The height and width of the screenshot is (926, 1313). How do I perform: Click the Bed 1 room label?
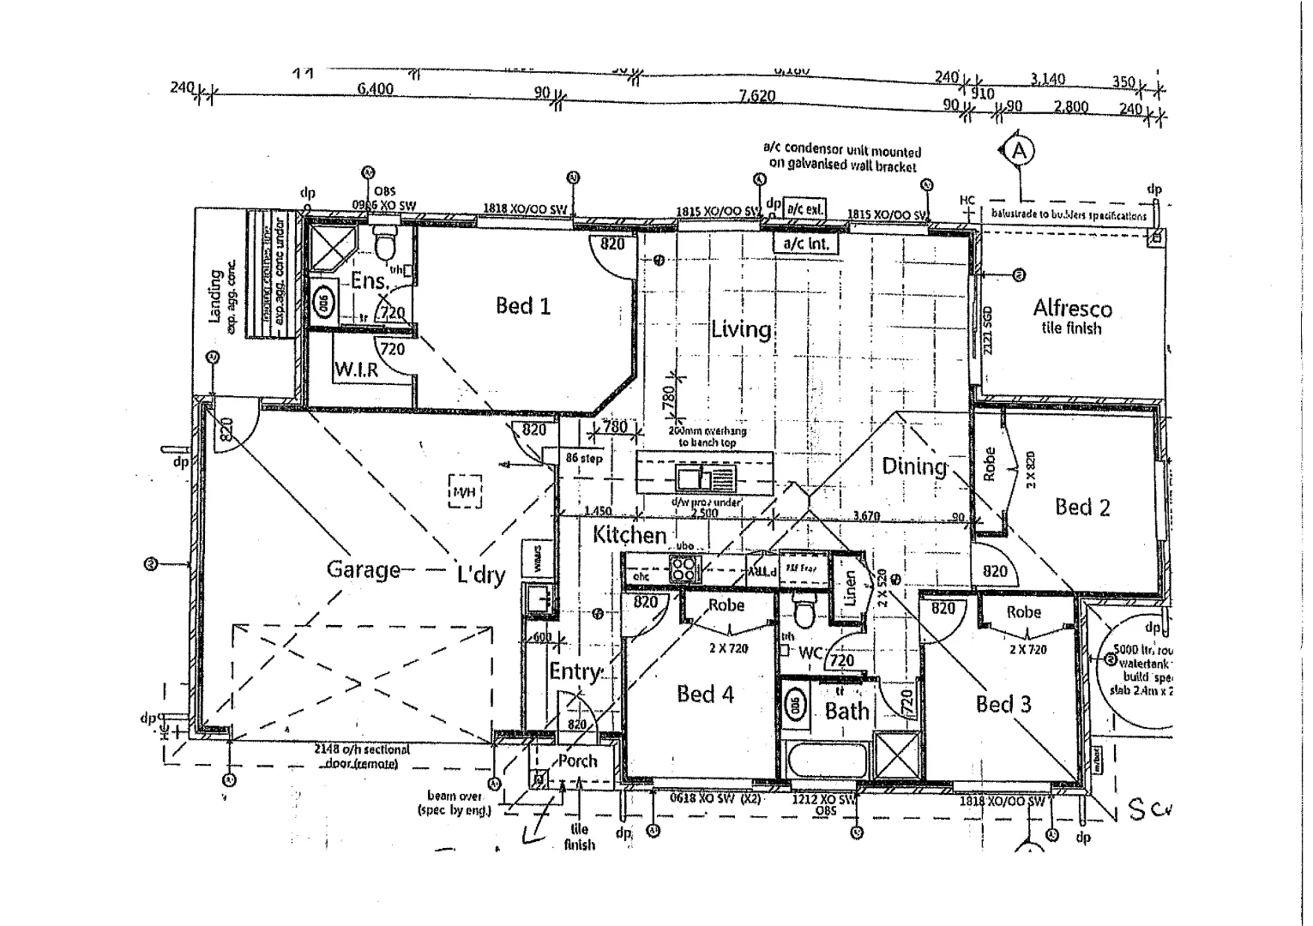[x=522, y=306]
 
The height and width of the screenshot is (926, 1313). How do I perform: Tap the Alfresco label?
[x=1072, y=309]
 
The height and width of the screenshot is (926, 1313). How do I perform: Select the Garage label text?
[x=364, y=570]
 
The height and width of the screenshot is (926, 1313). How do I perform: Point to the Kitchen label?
[x=629, y=535]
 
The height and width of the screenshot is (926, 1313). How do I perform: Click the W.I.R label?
[x=356, y=371]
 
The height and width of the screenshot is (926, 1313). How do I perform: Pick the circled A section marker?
[x=1019, y=151]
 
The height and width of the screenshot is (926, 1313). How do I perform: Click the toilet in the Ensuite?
[x=385, y=244]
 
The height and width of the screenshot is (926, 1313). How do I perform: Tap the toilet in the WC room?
[x=804, y=614]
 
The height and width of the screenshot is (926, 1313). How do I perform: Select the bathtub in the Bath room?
[x=825, y=761]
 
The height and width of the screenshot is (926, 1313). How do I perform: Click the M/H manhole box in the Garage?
[x=465, y=492]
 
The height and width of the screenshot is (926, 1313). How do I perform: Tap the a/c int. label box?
[x=805, y=244]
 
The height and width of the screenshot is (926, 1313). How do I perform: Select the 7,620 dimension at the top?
[x=756, y=96]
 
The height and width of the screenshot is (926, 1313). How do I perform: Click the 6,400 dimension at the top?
[x=375, y=88]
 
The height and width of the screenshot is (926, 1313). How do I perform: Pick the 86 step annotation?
[x=584, y=459]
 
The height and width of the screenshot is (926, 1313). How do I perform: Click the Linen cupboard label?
[x=850, y=588]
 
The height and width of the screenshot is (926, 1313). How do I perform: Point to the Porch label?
[x=577, y=761]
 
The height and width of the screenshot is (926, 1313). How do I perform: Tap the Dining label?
[x=914, y=466]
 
